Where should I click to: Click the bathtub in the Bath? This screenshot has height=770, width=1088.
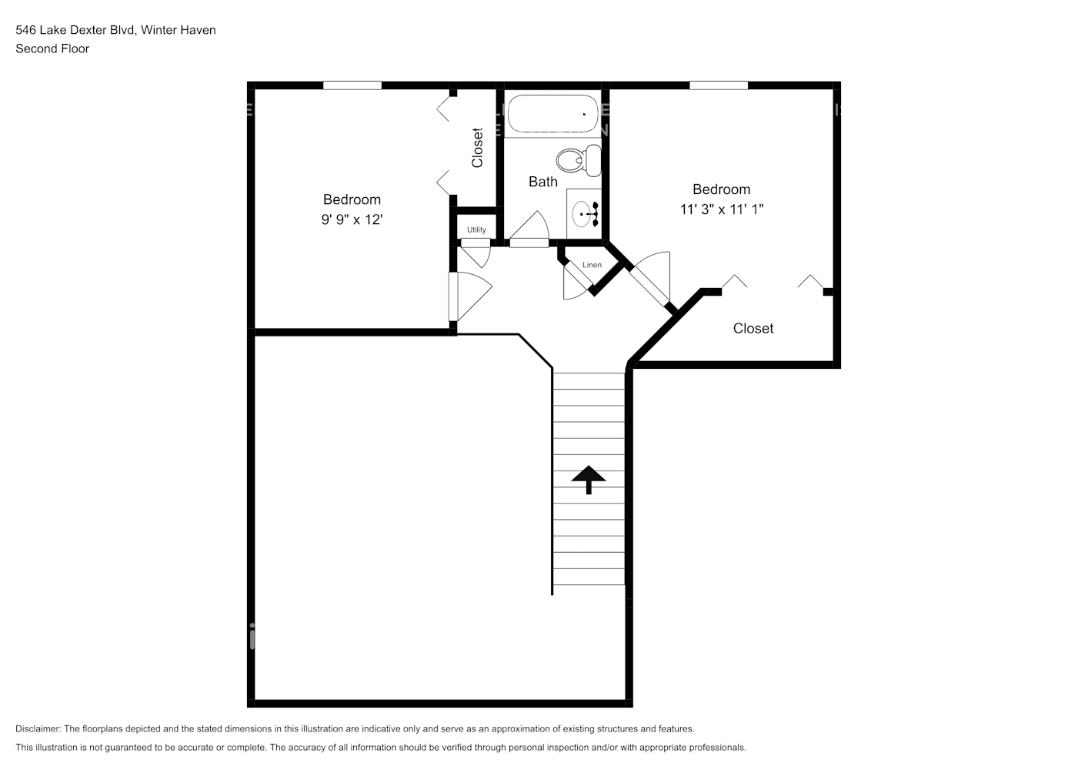pos(552,113)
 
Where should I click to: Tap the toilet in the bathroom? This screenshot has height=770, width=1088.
pos(579,160)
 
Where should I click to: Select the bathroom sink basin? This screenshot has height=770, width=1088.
pos(582,214)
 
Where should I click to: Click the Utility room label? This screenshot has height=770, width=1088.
pos(476,230)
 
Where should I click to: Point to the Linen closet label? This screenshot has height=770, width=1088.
pos(592,265)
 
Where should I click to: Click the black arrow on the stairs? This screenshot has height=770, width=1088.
pos(589,480)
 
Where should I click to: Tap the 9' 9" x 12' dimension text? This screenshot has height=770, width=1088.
pos(352,219)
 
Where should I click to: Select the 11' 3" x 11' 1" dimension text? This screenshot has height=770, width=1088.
pos(722,209)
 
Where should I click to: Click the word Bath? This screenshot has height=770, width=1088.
pos(543,182)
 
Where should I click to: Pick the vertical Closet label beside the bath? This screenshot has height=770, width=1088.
pos(478,148)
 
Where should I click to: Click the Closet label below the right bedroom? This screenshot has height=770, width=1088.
pos(753,329)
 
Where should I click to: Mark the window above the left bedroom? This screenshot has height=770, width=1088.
pos(352,85)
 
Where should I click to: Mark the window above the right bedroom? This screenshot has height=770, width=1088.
pos(719,85)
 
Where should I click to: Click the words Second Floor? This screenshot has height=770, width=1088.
pos(52,49)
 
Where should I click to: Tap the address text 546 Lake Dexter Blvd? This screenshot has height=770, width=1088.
pos(75,30)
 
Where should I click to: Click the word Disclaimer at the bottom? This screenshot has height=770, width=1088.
pos(38,728)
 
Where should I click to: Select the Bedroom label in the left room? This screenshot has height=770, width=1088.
pos(352,199)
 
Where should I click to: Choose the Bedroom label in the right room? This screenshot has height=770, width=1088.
pos(722,189)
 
